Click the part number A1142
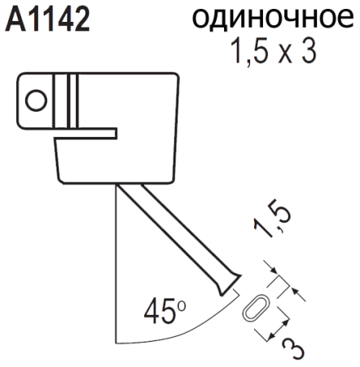[47, 18]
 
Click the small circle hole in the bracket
[36, 101]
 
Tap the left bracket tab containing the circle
[37, 100]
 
